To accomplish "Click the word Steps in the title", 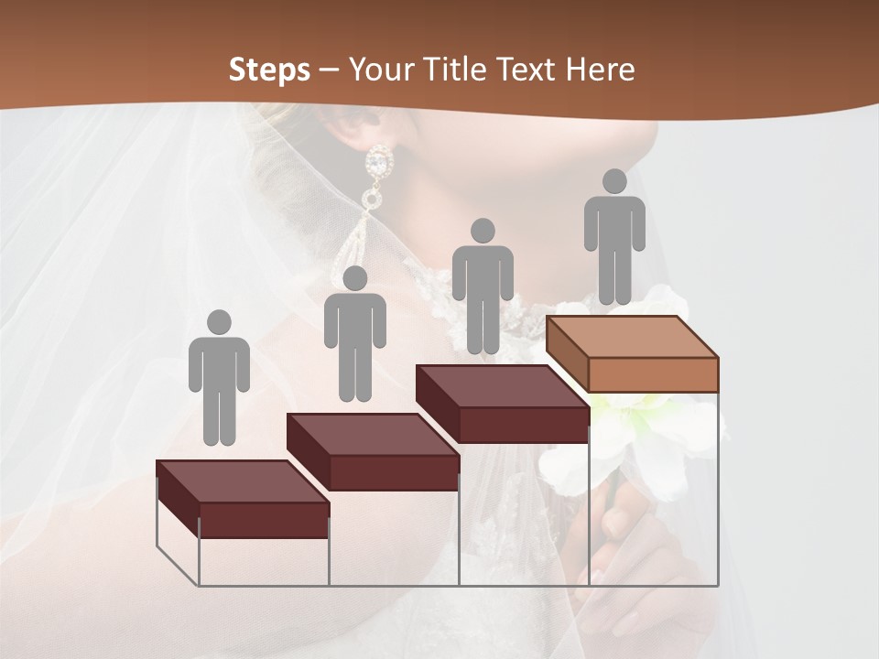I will coord(269,70).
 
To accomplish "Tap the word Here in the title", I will coord(600,70).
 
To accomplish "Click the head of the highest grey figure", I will coord(614,181).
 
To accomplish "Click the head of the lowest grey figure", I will coord(219,322).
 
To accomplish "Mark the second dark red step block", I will coord(374,453).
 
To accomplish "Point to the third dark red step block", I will coord(503,405).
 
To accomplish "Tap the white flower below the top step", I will coord(641,439).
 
